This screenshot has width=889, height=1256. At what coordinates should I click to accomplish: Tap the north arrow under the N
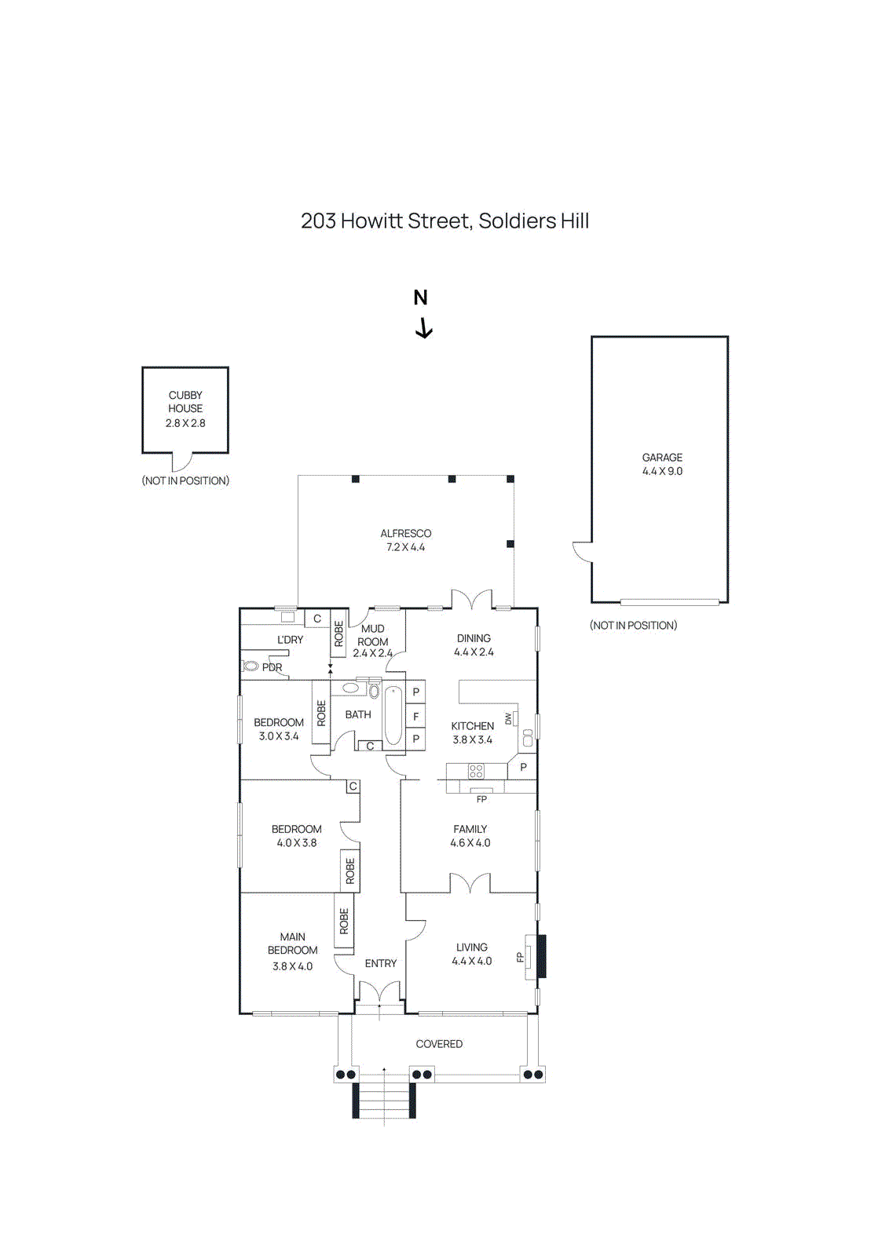click(x=423, y=328)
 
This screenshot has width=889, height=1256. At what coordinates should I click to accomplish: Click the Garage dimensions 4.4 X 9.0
click(x=662, y=472)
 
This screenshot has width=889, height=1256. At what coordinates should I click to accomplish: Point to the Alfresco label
click(x=405, y=534)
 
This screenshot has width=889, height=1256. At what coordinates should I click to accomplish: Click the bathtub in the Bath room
click(x=393, y=715)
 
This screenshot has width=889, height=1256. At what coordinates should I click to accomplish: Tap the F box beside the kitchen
click(x=415, y=717)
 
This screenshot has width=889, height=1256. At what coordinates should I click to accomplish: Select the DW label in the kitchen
click(x=508, y=718)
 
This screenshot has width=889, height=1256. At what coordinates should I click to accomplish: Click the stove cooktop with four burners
click(x=476, y=771)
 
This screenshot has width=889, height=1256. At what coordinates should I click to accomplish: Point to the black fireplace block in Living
click(x=541, y=955)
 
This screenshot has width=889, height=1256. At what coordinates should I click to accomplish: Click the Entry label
click(x=380, y=963)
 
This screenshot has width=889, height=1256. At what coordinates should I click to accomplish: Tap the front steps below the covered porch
click(x=383, y=1100)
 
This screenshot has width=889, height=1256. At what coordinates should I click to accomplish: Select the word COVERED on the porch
click(x=439, y=1044)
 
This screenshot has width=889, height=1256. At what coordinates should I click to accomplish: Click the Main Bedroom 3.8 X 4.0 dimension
click(x=292, y=966)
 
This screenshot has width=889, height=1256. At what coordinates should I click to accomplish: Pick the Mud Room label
click(x=372, y=635)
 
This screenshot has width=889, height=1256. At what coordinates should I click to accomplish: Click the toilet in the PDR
click(x=251, y=666)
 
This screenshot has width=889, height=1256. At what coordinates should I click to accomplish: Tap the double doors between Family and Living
click(x=470, y=885)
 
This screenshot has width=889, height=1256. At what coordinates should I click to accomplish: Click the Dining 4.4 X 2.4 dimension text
click(x=474, y=652)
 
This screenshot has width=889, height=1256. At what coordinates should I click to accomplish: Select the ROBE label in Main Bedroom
click(x=344, y=921)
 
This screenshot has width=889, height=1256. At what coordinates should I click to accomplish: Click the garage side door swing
click(x=582, y=551)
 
